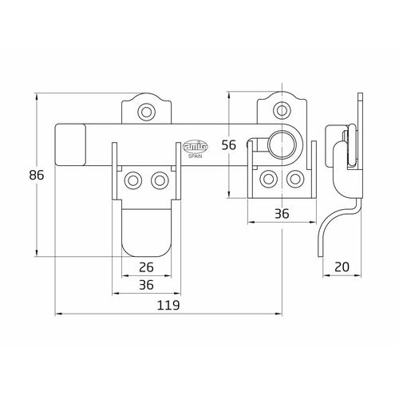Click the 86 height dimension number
24,176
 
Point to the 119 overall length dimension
168,306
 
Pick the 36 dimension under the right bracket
281,213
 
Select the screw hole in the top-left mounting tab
145,111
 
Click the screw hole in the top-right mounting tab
281,111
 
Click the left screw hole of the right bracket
268,179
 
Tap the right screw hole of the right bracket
294,179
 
